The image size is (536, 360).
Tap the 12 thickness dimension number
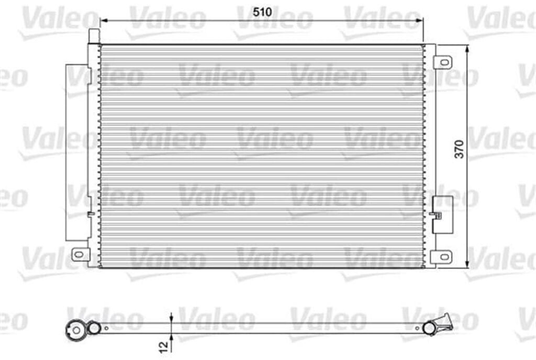point(164,345)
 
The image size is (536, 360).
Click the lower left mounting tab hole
point(78,254)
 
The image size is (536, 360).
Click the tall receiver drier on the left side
point(76,152)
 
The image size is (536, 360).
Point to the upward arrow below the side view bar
point(171,337)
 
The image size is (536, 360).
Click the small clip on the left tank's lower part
point(91,213)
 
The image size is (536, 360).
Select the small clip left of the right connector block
point(432,213)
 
